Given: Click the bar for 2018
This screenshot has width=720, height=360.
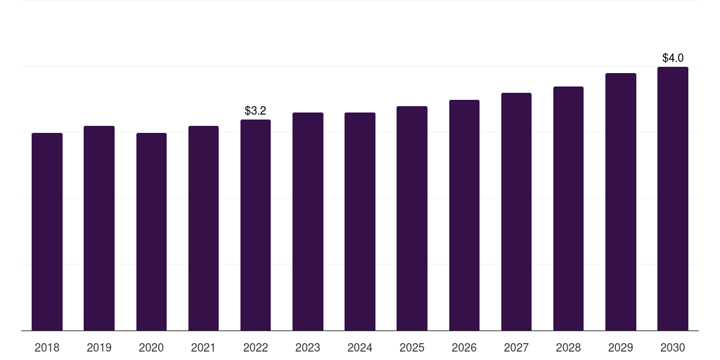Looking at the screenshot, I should click(47, 231).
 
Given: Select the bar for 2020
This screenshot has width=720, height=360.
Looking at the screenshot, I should click(151, 231).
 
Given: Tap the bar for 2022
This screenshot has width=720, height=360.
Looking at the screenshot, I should click(255, 225).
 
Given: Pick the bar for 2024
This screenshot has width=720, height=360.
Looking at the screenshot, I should click(360, 221).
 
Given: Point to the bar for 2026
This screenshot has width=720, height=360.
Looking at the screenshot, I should click(464, 215).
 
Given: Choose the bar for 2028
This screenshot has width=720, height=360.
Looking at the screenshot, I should click(568, 208).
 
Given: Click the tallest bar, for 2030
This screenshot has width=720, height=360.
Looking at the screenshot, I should click(673, 198).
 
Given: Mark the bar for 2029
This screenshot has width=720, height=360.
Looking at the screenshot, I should click(621, 202).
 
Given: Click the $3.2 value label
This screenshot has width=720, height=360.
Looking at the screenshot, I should click(255, 110).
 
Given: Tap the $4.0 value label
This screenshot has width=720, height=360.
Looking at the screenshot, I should click(673, 58).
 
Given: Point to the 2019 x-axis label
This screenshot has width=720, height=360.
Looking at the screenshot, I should click(99, 347).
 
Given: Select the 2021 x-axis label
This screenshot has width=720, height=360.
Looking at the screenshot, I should click(203, 347).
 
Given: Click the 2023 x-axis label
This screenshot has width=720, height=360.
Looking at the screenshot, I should click(308, 347).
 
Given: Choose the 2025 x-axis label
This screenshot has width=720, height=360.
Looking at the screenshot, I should click(412, 347).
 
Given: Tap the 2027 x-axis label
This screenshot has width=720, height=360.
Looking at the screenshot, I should click(516, 347).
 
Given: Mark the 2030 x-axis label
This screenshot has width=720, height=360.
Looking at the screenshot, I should click(673, 347).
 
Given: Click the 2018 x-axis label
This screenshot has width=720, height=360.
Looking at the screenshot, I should click(47, 347).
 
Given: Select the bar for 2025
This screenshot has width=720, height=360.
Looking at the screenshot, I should click(412, 218).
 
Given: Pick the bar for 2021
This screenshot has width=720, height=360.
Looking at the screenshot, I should click(203, 228).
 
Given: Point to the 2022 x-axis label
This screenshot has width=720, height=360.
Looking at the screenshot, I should click(255, 347).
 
